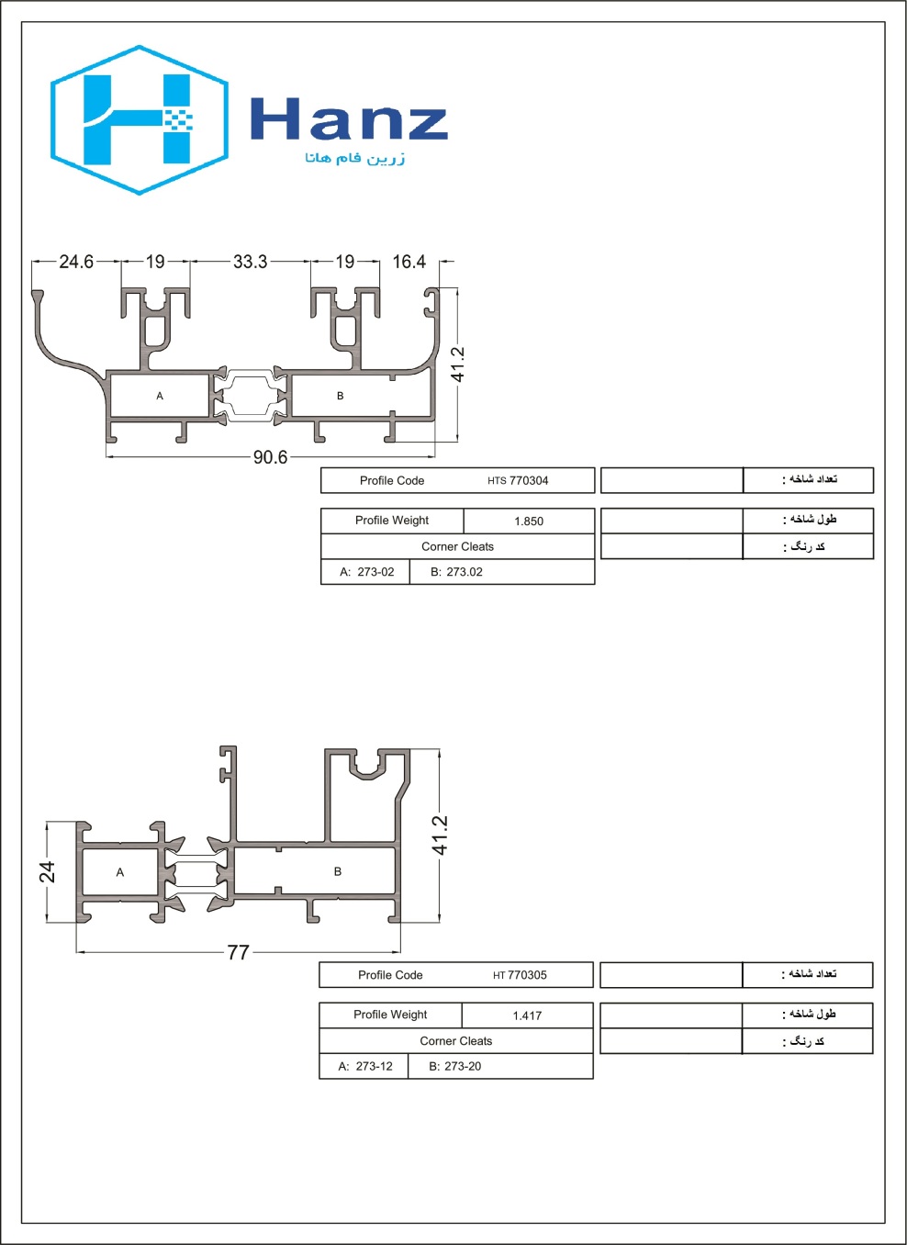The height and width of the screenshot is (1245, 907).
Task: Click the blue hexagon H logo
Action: tap(140, 119)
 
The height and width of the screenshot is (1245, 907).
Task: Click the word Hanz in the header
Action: tap(349, 118)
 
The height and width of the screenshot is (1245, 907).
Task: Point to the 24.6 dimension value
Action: tap(76, 262)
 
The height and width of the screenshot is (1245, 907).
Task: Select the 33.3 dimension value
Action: tap(250, 262)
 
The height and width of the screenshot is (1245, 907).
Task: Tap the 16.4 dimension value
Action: tap(409, 262)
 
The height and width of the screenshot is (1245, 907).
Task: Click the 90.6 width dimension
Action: tap(270, 457)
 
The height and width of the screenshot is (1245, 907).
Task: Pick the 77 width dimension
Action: tap(238, 952)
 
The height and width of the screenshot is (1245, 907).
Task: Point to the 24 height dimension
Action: tap(47, 871)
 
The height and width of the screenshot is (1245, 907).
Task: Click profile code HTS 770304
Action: tap(518, 480)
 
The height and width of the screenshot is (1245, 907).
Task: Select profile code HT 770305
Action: tap(520, 975)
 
